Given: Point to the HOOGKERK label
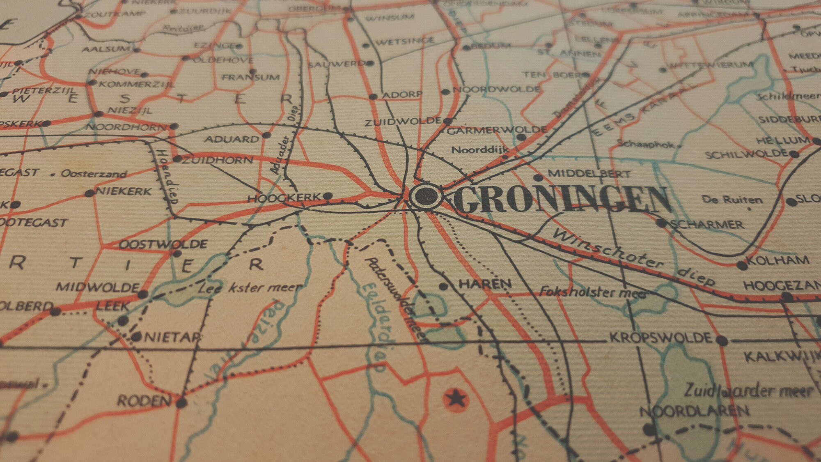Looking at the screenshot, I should [x=284, y=198].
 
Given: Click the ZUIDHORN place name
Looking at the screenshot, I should [x=217, y=160].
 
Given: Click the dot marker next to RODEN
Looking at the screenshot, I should [x=181, y=403].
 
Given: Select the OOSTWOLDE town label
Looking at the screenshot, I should [x=163, y=245].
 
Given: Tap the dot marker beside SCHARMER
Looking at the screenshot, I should [x=661, y=223].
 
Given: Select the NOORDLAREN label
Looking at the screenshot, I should [x=694, y=411].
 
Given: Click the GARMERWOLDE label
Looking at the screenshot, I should [x=496, y=131].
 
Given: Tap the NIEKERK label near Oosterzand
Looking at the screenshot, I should [x=124, y=191].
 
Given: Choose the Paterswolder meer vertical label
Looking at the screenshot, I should [x=397, y=300].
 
